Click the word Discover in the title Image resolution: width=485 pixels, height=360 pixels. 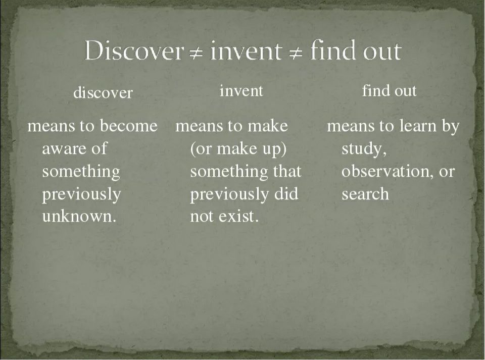(x=134, y=50)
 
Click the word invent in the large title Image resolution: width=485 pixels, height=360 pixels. (x=246, y=51)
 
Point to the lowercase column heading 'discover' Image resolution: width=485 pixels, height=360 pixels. (x=103, y=92)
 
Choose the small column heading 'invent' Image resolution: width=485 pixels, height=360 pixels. (x=241, y=91)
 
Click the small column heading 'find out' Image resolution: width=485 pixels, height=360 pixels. (x=389, y=90)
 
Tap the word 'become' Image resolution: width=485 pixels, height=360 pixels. (x=129, y=126)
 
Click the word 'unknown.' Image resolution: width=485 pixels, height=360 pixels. (x=79, y=216)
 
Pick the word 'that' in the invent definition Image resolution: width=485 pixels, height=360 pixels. (x=287, y=171)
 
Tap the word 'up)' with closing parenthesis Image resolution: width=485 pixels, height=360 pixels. (x=274, y=149)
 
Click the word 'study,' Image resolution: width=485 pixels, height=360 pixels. (x=364, y=149)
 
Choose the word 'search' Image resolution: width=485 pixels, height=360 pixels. (x=365, y=194)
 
